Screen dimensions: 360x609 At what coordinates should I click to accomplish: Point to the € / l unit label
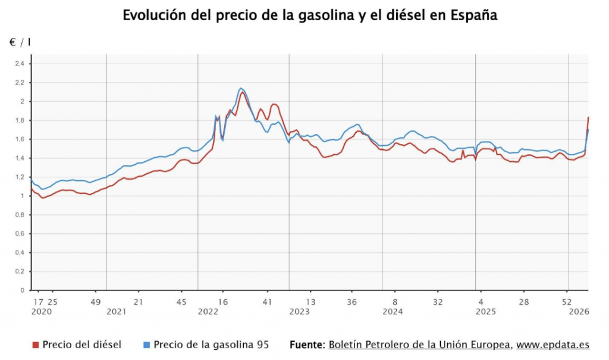20,42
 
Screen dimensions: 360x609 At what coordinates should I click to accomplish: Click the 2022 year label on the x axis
208,312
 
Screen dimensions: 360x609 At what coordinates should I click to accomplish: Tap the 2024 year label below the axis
393,312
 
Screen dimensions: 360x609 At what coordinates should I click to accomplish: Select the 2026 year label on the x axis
578,312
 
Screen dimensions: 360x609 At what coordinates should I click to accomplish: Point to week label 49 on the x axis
95,302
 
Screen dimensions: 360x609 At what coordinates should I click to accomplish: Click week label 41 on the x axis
268,302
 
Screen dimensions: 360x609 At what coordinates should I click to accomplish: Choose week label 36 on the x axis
352,302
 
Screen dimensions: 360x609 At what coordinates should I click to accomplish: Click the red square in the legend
35,345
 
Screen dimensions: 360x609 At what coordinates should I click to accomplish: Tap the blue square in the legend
146,345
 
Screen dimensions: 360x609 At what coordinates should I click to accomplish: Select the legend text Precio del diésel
81,345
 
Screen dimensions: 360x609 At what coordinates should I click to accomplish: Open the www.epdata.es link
553,345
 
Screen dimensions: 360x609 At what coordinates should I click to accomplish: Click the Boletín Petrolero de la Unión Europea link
419,345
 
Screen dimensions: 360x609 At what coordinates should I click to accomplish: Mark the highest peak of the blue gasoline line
241,89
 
